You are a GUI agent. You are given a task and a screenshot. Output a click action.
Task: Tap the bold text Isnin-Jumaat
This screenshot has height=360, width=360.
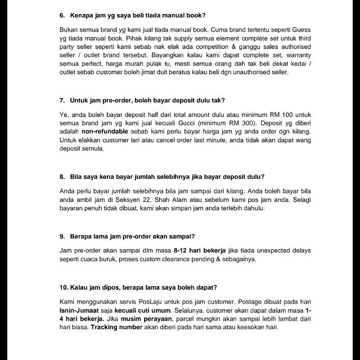point(84,310)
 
